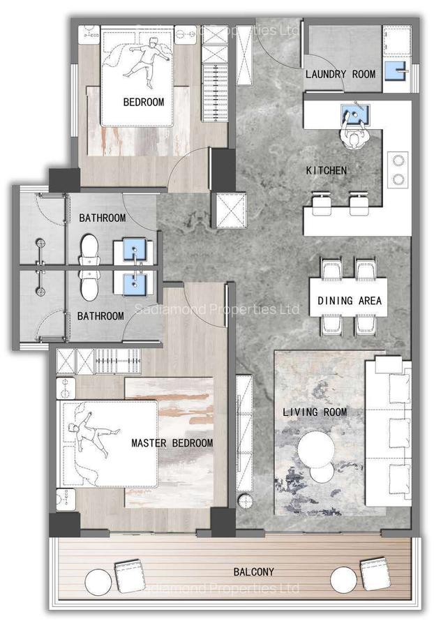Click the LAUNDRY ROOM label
point(340,74)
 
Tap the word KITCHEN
point(327,170)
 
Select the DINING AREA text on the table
point(349,301)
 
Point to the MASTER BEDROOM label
point(172,443)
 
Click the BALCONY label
point(253,571)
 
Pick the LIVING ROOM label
point(314,412)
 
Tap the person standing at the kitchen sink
point(356,137)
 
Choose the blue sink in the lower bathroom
point(134,283)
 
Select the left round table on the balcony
point(98,580)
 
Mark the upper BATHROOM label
point(102,218)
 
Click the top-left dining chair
point(330,269)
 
